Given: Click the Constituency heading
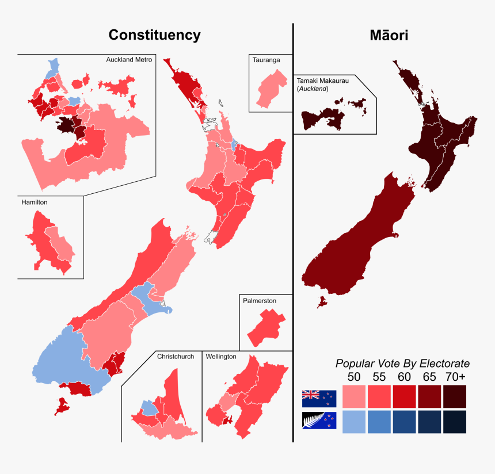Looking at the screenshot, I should tap(154, 35).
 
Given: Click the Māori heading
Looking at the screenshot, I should tap(389, 35).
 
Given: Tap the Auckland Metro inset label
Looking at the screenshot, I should tap(129, 60).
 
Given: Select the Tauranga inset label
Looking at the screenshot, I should tap(265, 60).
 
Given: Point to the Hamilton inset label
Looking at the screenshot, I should tap(35, 202).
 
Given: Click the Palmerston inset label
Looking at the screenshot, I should tap(260, 301).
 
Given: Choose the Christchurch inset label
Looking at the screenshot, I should tap(176, 357).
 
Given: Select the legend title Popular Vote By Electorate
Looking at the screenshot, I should tap(402, 364).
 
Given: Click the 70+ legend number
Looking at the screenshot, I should tap(455, 377).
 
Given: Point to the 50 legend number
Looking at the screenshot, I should tap(354, 377).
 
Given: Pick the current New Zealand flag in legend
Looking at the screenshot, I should tap(319, 396).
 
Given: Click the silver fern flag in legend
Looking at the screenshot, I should tap(319, 421).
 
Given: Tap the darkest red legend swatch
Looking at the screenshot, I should tap(455, 396).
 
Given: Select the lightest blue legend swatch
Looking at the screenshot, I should tap(354, 421).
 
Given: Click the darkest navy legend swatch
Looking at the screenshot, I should tap(455, 421).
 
